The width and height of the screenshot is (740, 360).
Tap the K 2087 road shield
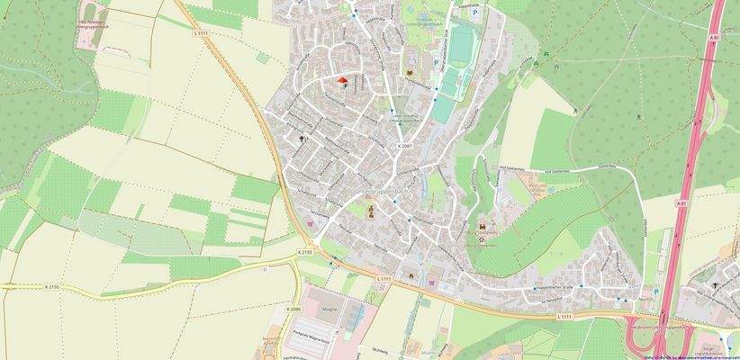click(406, 145)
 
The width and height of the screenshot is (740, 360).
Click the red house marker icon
click(342, 81)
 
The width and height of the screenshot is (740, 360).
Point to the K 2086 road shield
click(293, 309)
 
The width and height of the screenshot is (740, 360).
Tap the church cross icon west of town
click(301, 139)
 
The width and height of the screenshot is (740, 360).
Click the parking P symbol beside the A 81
click(654, 291)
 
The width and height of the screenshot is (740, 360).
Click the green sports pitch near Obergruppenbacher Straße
click(461, 45)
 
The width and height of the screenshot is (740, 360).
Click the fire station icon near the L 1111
click(411, 274)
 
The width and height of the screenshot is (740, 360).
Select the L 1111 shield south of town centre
click(384, 279)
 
